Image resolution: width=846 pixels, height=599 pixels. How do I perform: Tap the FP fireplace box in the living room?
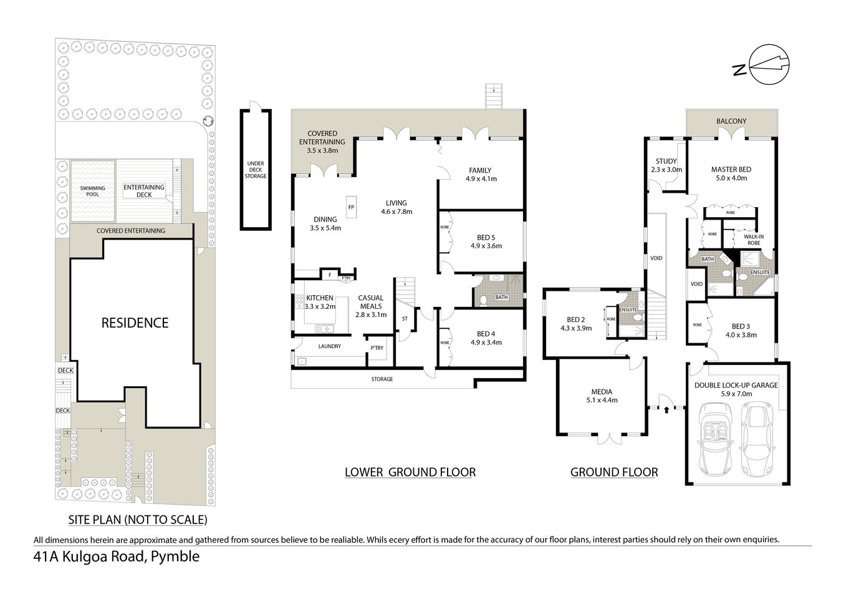(x=351, y=207)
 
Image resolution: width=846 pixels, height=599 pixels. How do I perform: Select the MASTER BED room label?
(x=731, y=169)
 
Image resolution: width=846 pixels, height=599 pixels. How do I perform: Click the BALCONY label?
(x=731, y=121)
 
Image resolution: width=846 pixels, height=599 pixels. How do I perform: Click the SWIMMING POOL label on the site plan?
(x=92, y=191)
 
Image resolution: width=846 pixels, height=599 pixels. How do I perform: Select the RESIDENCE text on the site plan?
(x=135, y=323)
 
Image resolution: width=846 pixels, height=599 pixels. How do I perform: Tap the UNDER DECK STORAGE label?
(x=256, y=170)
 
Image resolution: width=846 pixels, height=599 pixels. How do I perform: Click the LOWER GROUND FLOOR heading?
(x=410, y=472)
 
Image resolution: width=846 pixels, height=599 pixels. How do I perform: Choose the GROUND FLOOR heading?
(x=613, y=472)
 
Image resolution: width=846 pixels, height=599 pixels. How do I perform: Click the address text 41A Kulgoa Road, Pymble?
(x=117, y=557)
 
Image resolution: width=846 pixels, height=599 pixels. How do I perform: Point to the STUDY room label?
(x=666, y=162)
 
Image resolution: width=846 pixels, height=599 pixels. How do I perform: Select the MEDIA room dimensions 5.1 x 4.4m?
(x=602, y=401)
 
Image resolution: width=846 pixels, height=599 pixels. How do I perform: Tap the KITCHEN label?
(x=319, y=298)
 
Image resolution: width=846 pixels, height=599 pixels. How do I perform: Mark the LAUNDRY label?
(x=329, y=346)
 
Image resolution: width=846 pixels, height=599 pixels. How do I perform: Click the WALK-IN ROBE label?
(x=753, y=240)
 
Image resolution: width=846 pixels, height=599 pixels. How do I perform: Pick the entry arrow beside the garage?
(x=667, y=409)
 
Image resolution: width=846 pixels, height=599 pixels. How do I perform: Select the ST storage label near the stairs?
(x=404, y=319)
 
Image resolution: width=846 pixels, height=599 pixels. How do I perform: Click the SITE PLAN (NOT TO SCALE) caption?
(x=137, y=519)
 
